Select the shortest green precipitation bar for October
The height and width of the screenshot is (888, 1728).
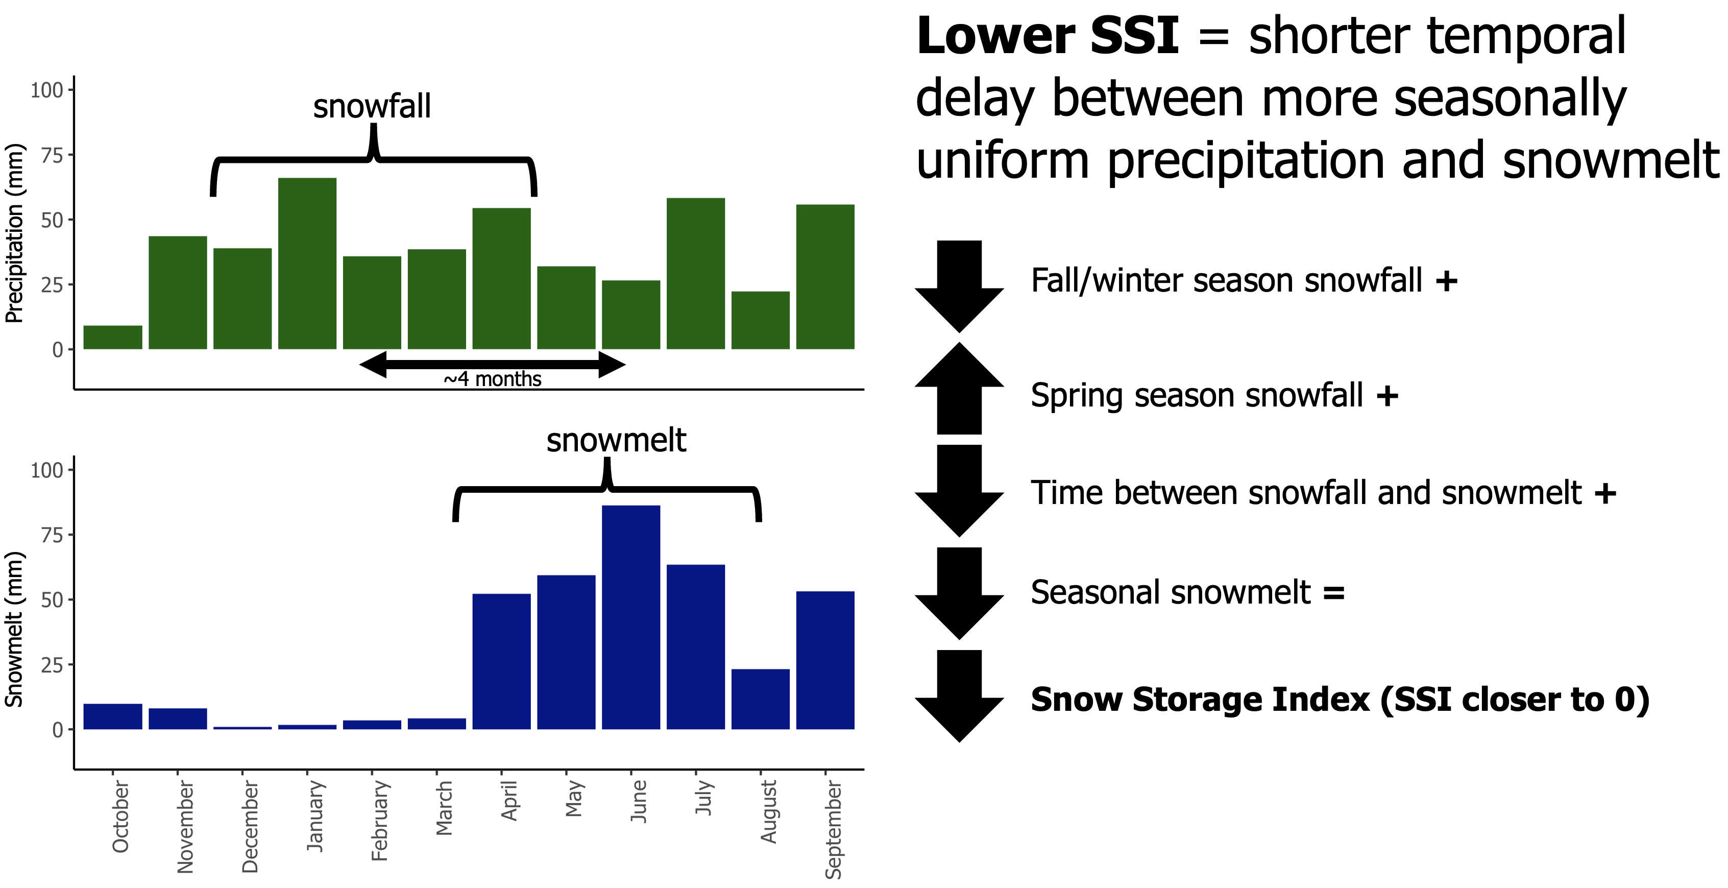[x=113, y=337]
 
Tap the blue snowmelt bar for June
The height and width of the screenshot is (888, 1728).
[x=630, y=617]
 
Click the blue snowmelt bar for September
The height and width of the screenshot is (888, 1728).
[x=825, y=660]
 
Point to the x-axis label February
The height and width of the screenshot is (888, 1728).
[x=380, y=820]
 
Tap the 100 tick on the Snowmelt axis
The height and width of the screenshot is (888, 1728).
[x=47, y=470]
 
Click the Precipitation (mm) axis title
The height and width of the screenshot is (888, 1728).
[x=15, y=233]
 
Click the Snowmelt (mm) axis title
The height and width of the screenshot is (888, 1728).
[x=15, y=629]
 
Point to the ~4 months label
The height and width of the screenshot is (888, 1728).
[x=493, y=379]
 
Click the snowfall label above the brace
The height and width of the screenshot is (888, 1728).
[x=372, y=107]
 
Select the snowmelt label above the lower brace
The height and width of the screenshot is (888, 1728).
[x=616, y=440]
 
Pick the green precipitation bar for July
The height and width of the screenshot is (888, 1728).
[x=696, y=273]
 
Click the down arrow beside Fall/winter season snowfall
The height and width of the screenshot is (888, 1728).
[x=959, y=286]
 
